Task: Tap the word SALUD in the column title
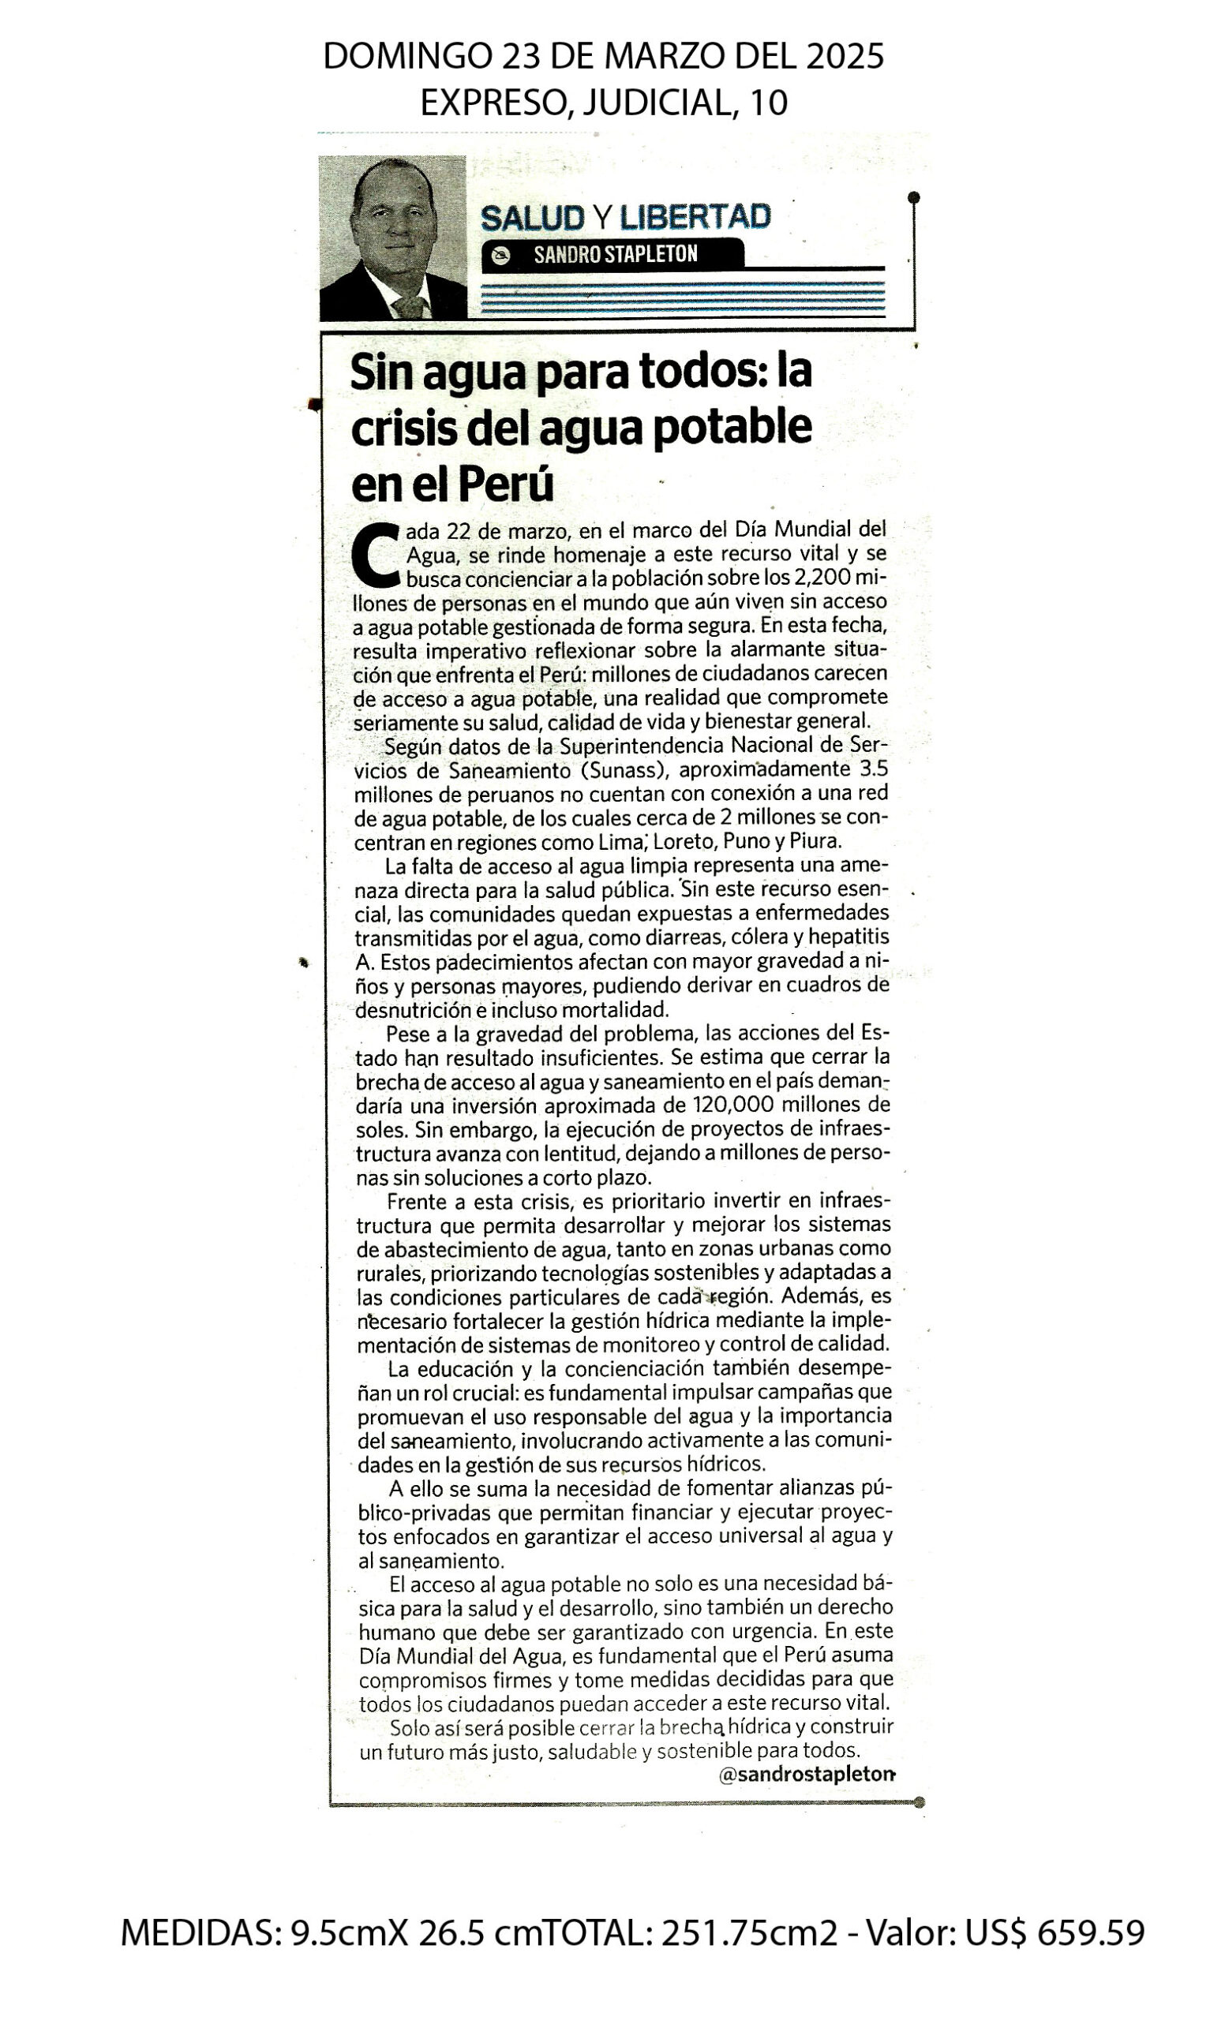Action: pos(532,218)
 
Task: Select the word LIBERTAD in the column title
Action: pos(695,217)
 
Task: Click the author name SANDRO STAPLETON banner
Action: pos(615,255)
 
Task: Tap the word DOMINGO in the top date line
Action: pos(404,57)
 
